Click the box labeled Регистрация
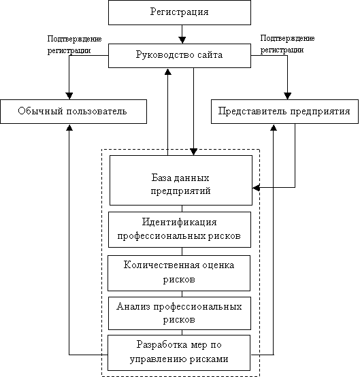180,12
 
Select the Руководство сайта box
180,56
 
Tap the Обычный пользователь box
73,112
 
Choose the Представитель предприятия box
284,112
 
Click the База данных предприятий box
181,180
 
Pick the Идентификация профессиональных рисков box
180,229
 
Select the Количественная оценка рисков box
179,273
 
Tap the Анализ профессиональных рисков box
180,313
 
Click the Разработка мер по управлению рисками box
179,353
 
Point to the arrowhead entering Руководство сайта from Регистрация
182,40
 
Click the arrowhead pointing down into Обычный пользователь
69,96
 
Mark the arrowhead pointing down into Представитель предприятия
288,96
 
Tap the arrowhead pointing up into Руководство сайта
168,71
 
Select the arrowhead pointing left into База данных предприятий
256,188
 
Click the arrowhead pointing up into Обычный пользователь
69,127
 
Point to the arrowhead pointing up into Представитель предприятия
274,127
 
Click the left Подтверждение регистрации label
74,45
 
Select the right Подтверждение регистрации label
287,44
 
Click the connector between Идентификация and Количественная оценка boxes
182,252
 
